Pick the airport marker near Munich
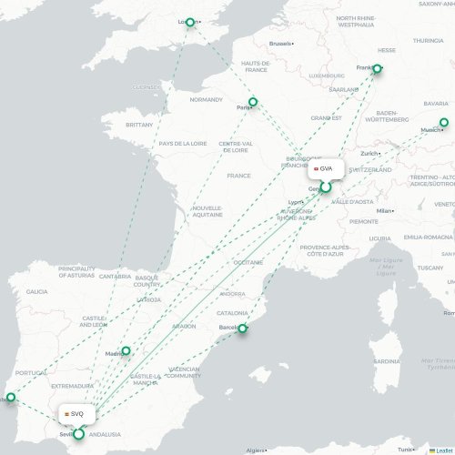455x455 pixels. click(x=444, y=123)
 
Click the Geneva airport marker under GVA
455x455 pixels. click(x=325, y=187)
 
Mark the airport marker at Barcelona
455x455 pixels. click(x=242, y=329)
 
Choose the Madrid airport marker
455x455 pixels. click(x=126, y=350)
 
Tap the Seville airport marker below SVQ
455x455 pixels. click(x=78, y=434)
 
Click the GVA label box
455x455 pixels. click(x=324, y=168)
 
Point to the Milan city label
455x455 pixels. click(x=384, y=210)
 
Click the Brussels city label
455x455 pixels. click(x=281, y=44)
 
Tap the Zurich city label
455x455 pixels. click(x=369, y=153)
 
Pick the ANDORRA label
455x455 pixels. click(x=232, y=294)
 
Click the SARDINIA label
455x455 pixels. click(x=386, y=360)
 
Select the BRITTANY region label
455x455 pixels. click(x=139, y=124)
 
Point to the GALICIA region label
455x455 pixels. click(x=37, y=291)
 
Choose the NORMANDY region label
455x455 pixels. click(x=206, y=99)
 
